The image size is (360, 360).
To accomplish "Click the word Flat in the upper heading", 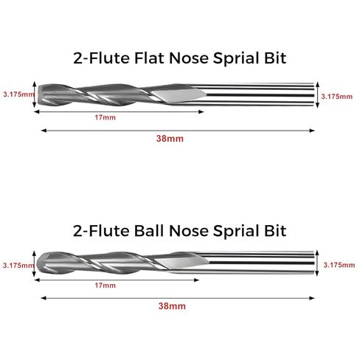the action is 149,58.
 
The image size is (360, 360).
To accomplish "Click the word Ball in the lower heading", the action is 149,231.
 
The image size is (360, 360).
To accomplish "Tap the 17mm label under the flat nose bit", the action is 105,117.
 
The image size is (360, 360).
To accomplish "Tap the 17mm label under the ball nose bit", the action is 105,285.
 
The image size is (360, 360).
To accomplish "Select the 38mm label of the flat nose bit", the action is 170,139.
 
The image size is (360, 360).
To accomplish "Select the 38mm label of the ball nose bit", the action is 172,306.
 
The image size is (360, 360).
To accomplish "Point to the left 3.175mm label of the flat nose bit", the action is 18,94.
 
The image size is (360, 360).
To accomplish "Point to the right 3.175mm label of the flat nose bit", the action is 336,97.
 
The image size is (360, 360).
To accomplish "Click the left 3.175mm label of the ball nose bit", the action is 18,266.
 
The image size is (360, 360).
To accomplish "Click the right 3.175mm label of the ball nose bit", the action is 339,265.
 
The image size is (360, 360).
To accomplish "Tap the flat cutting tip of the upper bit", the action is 39,95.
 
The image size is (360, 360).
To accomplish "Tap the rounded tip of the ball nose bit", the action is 38,264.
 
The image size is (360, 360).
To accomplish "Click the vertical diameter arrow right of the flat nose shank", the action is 317,95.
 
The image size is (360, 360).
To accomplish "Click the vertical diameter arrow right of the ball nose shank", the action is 317,263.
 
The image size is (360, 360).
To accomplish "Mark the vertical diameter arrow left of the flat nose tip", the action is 35,94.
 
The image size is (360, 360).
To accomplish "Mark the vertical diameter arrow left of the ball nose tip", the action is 34,263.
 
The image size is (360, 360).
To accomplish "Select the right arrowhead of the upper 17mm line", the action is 201,112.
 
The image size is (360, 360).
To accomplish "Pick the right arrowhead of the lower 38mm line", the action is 312,298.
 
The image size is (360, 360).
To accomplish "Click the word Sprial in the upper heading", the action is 235,58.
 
